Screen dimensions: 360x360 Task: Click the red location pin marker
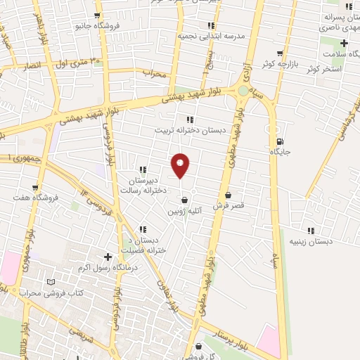181,165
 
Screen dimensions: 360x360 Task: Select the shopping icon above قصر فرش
228,195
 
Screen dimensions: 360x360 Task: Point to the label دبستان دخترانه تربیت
188,130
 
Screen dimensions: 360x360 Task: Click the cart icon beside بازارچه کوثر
281,53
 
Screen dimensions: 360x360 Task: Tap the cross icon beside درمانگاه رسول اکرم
107,257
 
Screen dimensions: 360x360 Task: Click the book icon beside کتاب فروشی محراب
49,281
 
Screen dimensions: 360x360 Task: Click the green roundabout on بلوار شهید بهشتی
243,90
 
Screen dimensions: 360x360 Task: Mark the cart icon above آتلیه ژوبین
184,199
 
